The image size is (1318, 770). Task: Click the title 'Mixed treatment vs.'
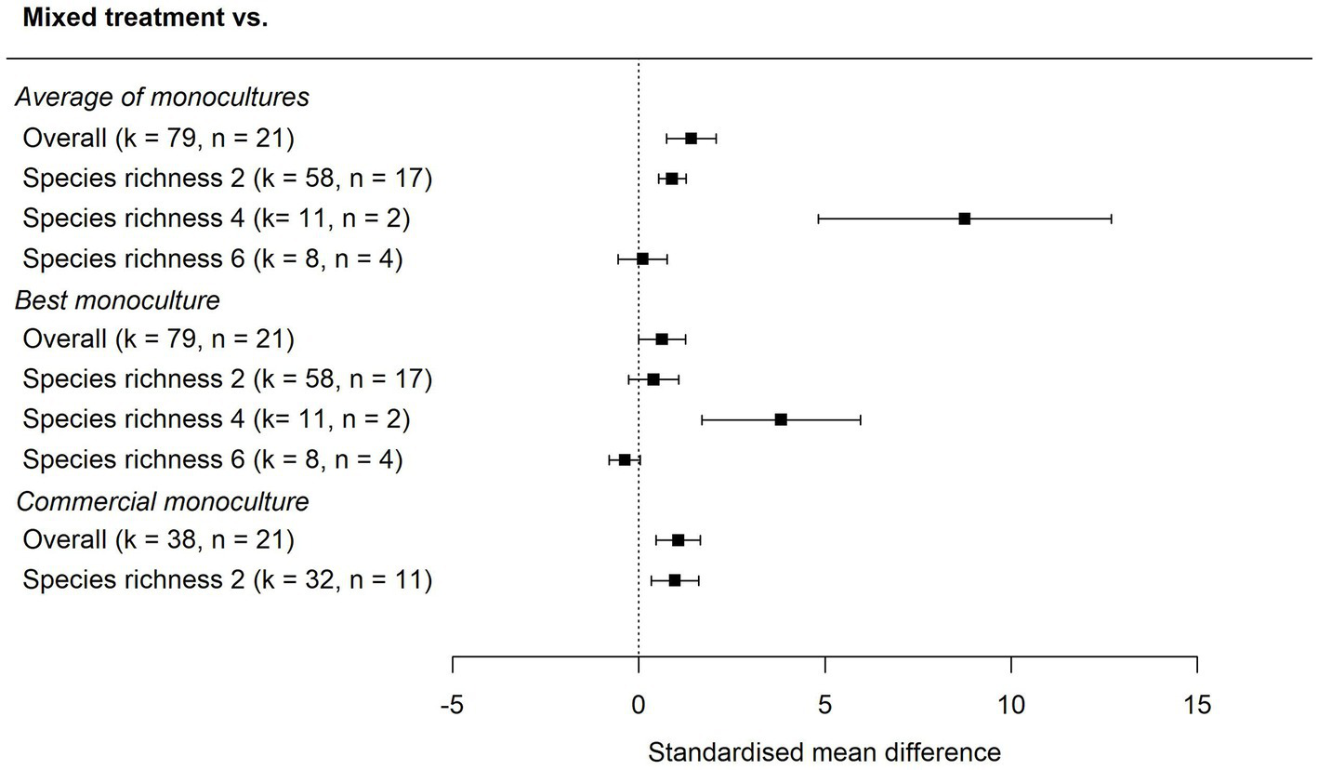pos(145,18)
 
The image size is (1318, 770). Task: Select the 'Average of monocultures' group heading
pos(162,97)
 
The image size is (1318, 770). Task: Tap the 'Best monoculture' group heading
pos(117,300)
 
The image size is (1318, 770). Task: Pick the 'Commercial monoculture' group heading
pos(162,501)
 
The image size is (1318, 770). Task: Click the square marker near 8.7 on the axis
pos(964,219)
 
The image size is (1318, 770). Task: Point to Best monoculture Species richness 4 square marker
pos(781,419)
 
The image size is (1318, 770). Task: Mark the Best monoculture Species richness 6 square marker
pos(625,459)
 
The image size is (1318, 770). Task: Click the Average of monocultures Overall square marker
pos(691,139)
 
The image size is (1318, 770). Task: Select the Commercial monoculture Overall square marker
pos(678,540)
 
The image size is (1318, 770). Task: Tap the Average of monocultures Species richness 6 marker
pos(642,259)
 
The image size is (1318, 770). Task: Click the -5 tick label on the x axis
pos(452,706)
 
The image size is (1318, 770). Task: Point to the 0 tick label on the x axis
pos(639,706)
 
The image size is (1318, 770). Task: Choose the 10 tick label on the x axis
pos(1011,706)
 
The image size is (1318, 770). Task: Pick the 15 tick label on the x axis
pos(1197,706)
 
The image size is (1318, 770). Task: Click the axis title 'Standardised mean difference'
pos(824,751)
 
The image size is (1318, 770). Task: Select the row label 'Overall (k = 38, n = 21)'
pos(158,540)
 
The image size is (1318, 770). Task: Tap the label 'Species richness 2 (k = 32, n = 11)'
pos(227,580)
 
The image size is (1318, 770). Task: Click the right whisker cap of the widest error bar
pos(1111,219)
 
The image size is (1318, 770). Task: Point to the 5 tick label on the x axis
pos(824,706)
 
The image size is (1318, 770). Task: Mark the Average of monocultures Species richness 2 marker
pos(671,179)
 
